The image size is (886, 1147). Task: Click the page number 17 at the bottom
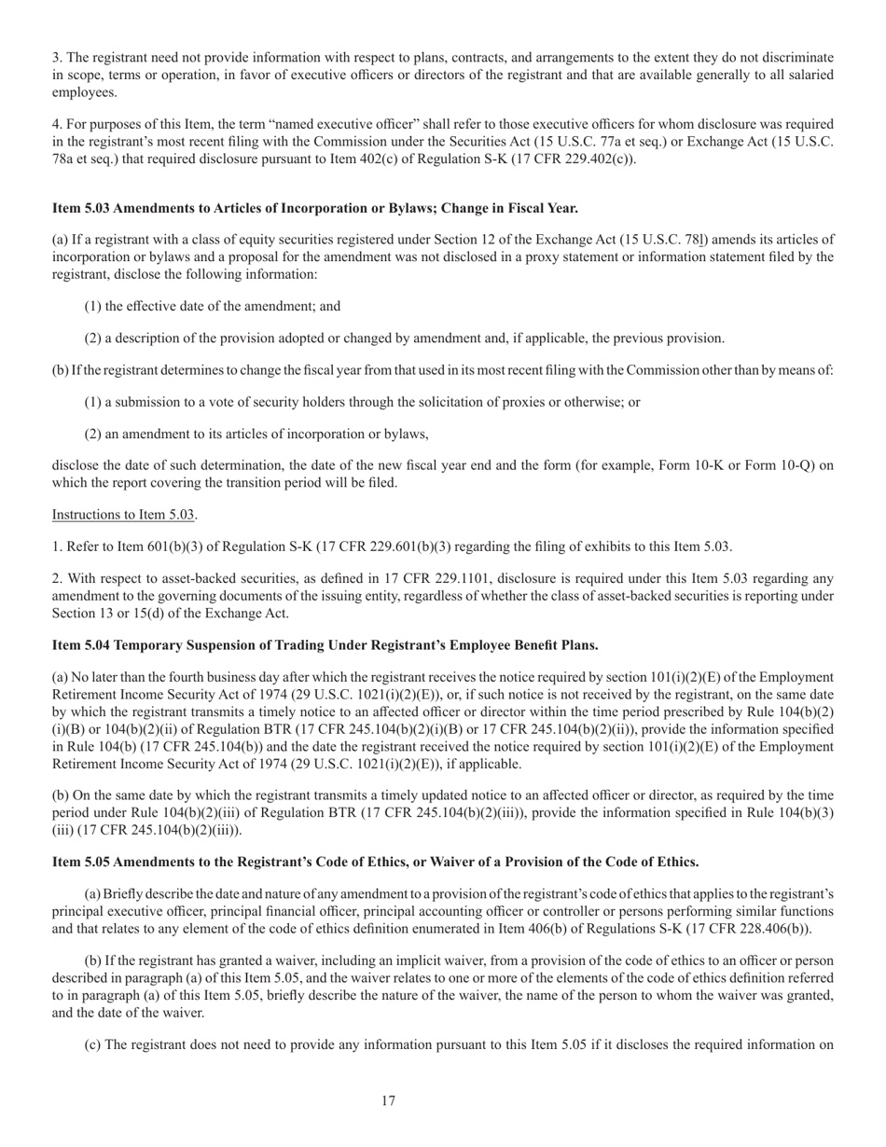pos(388,1101)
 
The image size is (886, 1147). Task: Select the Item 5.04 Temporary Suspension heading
pos(325,645)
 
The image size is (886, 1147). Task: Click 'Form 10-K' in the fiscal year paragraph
pos(689,465)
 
